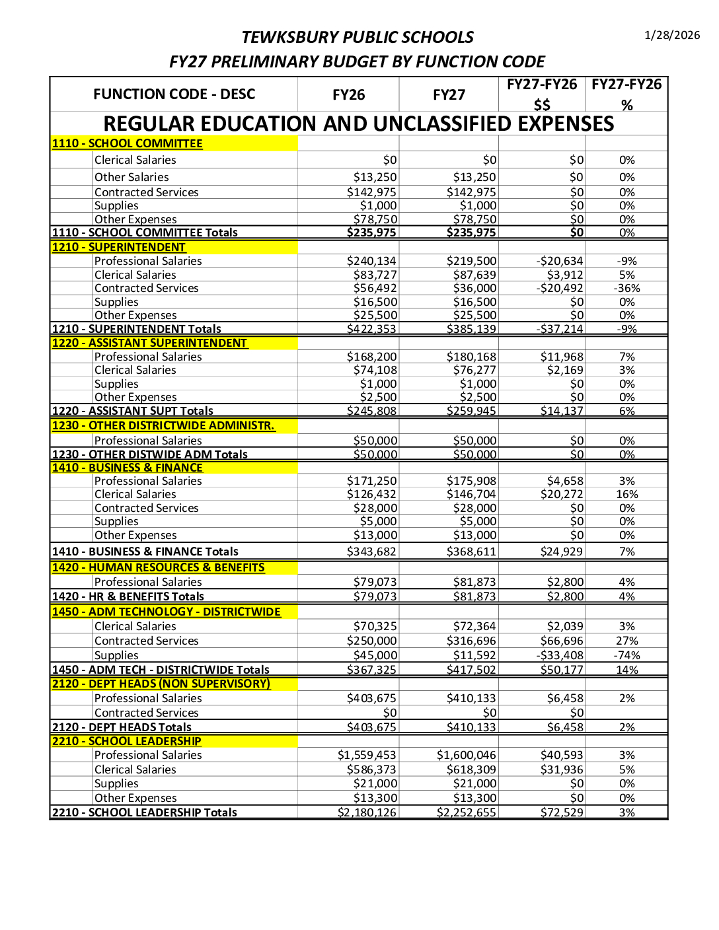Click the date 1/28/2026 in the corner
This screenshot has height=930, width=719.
[x=672, y=35]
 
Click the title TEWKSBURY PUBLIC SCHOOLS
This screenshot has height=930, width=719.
[x=358, y=37]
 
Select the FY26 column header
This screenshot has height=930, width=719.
[x=348, y=95]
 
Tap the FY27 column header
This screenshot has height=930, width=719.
[x=449, y=95]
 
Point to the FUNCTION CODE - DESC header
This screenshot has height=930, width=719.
[x=174, y=94]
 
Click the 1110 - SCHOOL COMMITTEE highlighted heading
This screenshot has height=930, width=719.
[x=127, y=143]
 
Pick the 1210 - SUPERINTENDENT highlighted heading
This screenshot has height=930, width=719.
[x=119, y=247]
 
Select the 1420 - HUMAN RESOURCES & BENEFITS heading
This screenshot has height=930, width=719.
[x=158, y=567]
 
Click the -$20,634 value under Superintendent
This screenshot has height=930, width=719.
[x=560, y=261]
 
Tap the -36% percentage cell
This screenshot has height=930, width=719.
[x=626, y=288]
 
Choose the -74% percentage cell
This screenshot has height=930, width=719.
[x=626, y=655]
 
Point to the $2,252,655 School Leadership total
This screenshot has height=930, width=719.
[x=466, y=812]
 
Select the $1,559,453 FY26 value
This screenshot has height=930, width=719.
[x=367, y=755]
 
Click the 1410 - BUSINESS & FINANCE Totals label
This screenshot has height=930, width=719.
[x=145, y=552]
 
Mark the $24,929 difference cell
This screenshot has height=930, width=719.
[x=562, y=552]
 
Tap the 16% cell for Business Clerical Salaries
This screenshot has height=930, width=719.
[x=626, y=494]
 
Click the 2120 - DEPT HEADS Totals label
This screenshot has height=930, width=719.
[x=122, y=727]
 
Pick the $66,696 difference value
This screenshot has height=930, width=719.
[x=562, y=641]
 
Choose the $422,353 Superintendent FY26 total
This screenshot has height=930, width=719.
[x=371, y=329]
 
